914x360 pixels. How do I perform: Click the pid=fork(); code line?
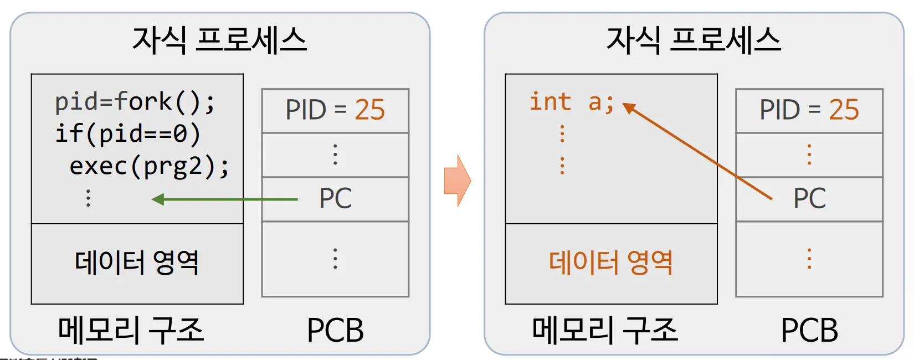135,102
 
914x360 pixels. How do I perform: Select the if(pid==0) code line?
127,134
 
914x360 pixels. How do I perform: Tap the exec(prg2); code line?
149,166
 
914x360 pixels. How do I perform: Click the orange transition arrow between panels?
458,181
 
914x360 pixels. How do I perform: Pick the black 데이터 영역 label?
137,263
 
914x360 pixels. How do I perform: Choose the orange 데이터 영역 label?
610,263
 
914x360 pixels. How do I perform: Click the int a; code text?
572,102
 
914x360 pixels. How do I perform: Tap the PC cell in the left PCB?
335,199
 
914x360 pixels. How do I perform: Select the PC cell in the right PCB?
809,199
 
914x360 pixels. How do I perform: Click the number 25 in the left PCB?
369,110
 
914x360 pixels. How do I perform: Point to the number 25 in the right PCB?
844,110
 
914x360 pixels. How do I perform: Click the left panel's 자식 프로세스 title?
219,40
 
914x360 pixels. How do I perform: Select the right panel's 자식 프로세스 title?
694,40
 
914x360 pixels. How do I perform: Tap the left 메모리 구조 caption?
131,330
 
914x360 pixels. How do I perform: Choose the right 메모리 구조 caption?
605,330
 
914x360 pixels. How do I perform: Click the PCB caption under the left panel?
335,330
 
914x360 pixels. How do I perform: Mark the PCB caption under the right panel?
809,330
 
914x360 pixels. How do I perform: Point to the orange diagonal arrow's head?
628,106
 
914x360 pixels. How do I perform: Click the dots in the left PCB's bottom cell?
335,259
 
